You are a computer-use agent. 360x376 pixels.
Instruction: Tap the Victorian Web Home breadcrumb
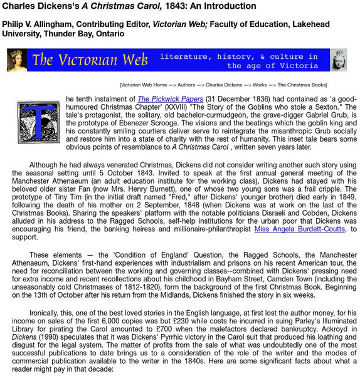point(144,85)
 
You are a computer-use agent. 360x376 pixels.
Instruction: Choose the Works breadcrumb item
point(258,85)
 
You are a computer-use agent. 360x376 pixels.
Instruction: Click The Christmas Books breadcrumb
point(303,85)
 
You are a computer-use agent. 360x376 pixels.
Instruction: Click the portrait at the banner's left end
point(17,60)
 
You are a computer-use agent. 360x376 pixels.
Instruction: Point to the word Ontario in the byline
point(110,33)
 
